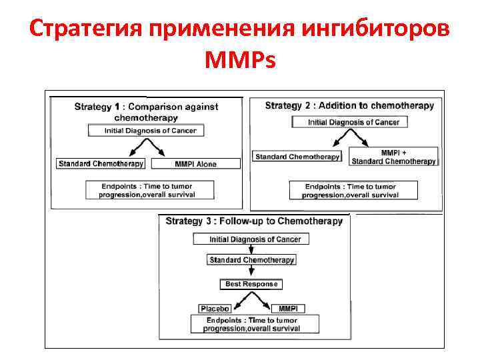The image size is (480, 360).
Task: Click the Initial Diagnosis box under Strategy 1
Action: coord(146,131)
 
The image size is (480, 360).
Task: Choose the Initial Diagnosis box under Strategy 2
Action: coord(349,123)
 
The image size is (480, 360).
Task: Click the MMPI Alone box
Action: coord(195,164)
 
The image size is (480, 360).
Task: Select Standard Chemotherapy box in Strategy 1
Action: coord(101,164)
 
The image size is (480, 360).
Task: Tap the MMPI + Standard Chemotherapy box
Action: coord(393,157)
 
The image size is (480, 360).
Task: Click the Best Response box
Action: coord(251,284)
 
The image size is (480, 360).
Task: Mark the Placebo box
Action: coord(215,309)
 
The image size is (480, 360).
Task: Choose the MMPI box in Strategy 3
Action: coord(287,309)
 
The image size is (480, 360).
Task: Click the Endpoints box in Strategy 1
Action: coord(150,189)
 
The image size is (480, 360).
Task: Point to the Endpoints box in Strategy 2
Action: coord(353,191)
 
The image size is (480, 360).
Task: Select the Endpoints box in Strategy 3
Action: coord(252,325)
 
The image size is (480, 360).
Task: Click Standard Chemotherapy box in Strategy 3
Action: coord(251,260)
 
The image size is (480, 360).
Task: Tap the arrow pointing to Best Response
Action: coord(251,272)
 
